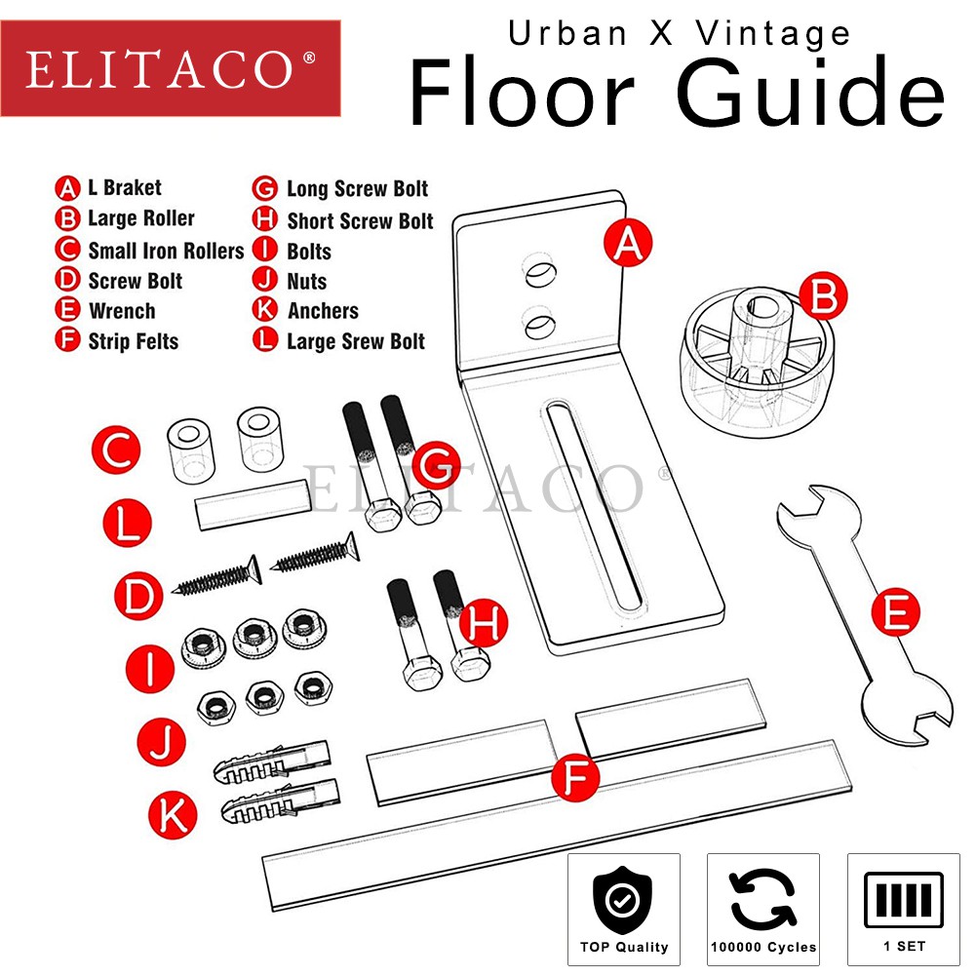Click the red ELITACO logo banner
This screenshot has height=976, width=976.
coord(171,68)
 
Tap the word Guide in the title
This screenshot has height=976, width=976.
coord(810,92)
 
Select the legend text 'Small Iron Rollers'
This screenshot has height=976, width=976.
coord(166,251)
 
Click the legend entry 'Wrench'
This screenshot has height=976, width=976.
coord(122,311)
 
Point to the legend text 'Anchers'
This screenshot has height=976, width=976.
coord(323,310)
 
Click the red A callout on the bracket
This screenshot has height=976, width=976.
coord(628,242)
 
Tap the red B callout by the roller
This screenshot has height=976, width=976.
coord(823,295)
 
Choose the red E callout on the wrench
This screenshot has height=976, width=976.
coord(896,612)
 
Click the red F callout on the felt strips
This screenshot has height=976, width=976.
coord(575,777)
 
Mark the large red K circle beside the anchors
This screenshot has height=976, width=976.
coord(173,815)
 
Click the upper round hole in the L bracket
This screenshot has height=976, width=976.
coord(539,271)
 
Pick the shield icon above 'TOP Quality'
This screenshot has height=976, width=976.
coord(622,899)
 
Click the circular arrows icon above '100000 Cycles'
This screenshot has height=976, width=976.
coord(763,899)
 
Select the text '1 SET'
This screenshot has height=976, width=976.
coord(904,946)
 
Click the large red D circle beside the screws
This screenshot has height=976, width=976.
coord(138,596)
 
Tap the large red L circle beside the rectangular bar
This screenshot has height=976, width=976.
coord(127,523)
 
